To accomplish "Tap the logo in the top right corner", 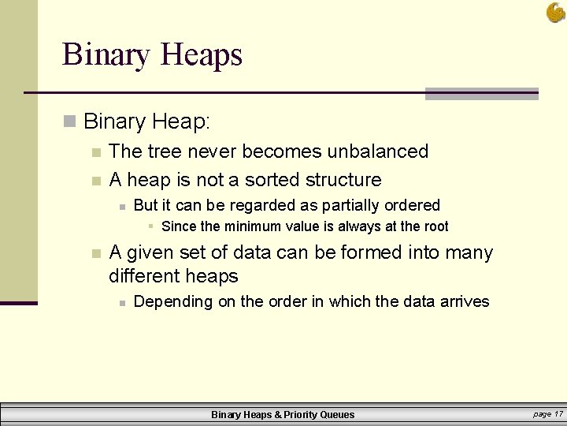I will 554,12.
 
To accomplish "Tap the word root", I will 435,227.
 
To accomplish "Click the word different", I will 144,276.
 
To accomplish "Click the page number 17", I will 558,414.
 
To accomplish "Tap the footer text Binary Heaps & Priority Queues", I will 283,414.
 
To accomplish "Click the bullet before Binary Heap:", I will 70,122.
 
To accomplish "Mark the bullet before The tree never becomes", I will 95,151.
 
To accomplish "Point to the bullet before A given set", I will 95,253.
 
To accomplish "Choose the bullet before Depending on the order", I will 120,302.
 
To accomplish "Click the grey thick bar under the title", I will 481,94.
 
